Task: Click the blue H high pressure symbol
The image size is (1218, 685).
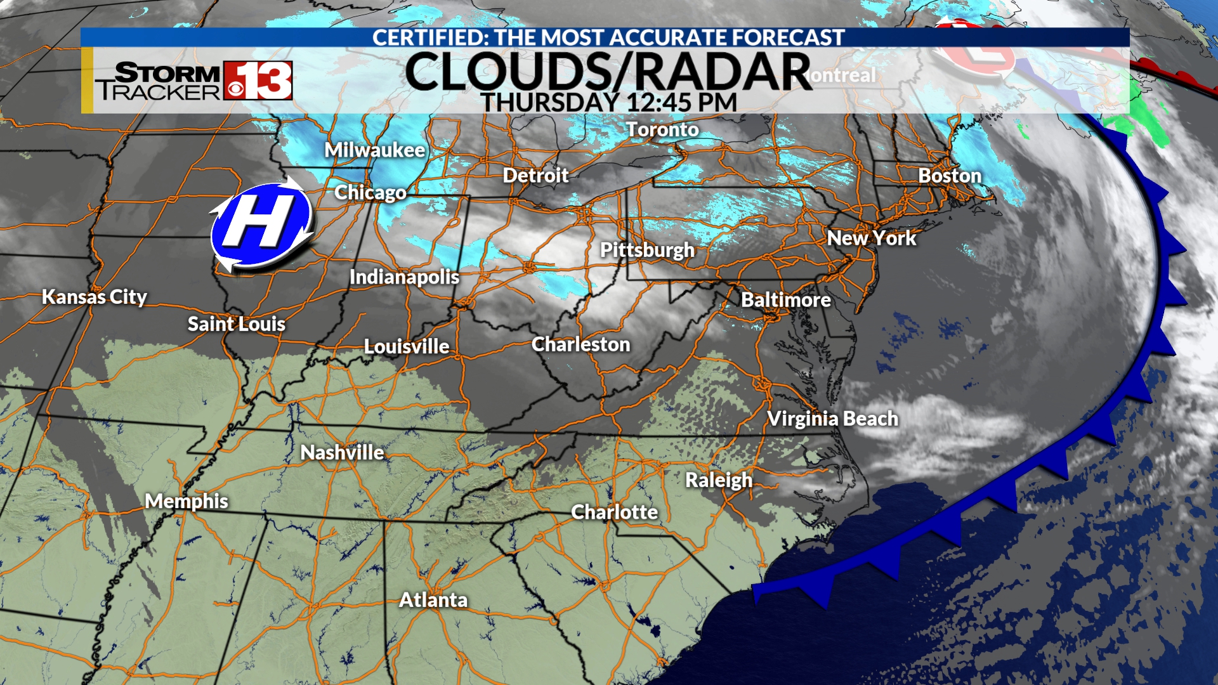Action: pos(261,225)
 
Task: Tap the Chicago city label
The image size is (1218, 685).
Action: pos(370,192)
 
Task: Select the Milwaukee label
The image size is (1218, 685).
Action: pos(375,150)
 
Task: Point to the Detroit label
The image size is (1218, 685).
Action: pos(536,175)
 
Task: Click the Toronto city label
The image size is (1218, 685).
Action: pos(662,129)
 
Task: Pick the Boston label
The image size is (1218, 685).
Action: pos(950,176)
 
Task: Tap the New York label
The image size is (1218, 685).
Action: pos(872,238)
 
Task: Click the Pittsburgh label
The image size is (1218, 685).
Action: pos(647,251)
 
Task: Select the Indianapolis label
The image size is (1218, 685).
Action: pos(404,277)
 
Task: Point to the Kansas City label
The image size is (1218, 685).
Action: pos(95,297)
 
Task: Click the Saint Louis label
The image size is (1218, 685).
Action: pos(236,324)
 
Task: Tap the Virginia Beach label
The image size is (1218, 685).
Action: pos(832,419)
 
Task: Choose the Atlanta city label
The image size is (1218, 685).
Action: pos(433,600)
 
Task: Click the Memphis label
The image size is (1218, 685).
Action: pos(186,501)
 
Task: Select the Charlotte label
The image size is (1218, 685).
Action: pos(614,512)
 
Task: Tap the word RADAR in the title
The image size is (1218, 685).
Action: pos(723,72)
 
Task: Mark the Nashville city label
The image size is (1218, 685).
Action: pos(342,453)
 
